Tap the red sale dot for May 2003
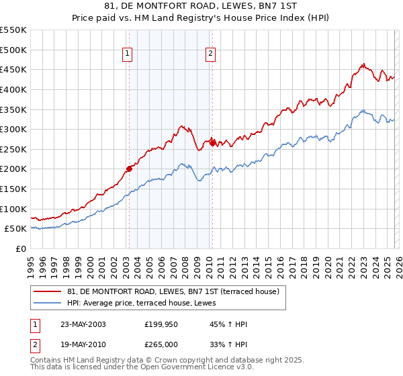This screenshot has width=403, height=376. pos(129,169)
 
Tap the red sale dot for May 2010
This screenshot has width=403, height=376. pos(212,142)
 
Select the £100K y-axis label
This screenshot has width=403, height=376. pos(14,209)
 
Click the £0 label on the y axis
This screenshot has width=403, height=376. pos(21,248)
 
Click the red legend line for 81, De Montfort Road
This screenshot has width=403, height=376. pos(48,291)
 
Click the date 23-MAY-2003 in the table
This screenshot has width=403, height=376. pos(83,324)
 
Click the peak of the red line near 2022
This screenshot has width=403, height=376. pos(363,64)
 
